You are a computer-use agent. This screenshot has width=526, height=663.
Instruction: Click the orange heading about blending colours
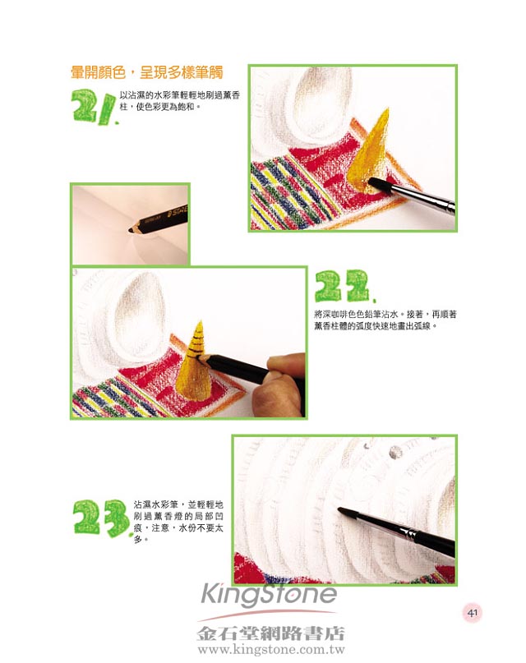(x=147, y=73)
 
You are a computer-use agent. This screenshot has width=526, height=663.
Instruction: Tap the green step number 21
(x=95, y=108)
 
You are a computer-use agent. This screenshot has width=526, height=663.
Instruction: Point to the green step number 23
(x=101, y=518)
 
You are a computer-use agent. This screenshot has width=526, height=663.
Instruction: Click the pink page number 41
(x=473, y=613)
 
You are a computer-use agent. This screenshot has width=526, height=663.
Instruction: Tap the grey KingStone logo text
(x=269, y=594)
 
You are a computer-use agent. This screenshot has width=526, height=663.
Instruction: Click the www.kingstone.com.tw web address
(x=271, y=650)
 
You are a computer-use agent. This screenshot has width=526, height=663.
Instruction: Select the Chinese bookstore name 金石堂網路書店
(x=270, y=633)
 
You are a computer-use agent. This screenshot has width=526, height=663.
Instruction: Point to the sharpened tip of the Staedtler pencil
(x=131, y=230)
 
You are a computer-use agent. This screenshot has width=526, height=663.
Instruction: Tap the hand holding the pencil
(x=280, y=383)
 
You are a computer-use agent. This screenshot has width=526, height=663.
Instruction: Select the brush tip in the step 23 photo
(x=347, y=512)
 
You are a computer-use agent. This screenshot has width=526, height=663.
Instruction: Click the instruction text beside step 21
(x=180, y=101)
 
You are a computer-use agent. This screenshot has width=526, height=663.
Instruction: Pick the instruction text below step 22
(x=385, y=320)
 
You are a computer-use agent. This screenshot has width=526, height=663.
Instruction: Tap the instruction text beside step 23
(x=178, y=522)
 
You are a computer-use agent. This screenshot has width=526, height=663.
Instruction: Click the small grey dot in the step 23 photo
(x=395, y=452)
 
